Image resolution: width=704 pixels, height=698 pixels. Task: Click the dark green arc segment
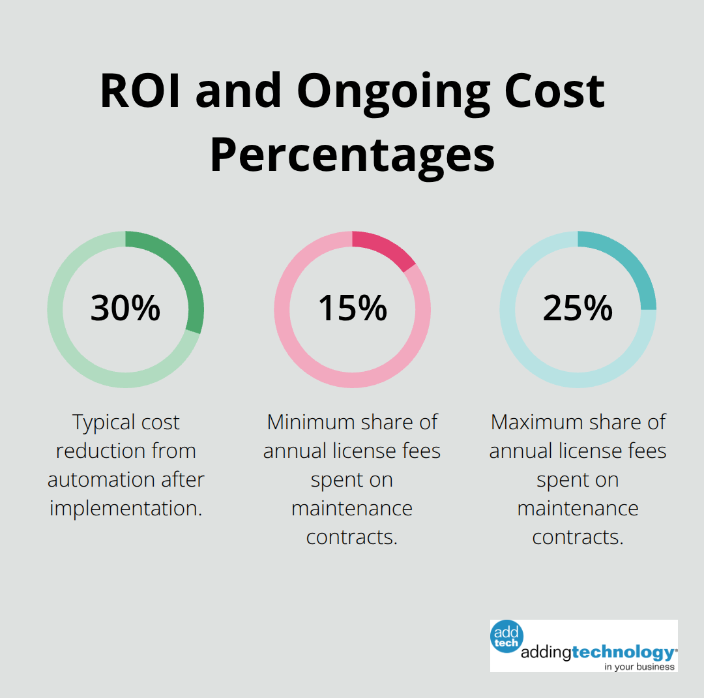(183, 274)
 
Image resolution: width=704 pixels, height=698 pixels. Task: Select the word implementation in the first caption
(125, 508)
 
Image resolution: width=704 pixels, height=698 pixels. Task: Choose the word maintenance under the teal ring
(578, 508)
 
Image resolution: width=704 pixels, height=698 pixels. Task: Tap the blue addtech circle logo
(506, 636)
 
